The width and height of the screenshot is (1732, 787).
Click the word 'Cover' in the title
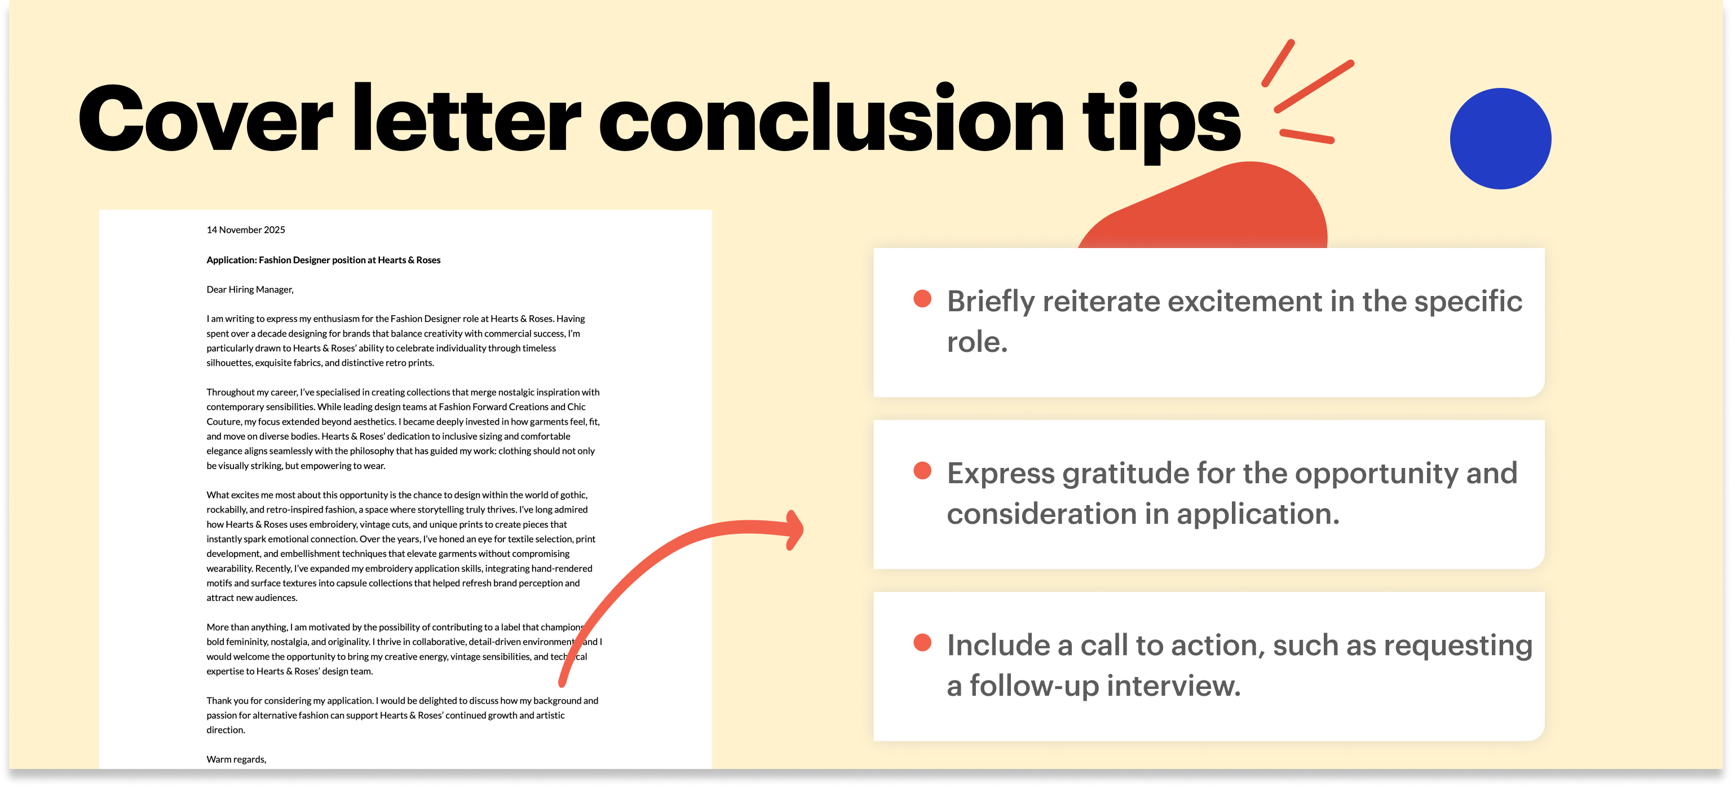coord(205,121)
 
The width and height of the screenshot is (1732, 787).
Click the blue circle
coord(1500,139)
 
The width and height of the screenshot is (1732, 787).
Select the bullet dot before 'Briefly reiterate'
coord(922,299)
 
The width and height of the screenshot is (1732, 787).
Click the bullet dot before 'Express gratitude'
coord(922,471)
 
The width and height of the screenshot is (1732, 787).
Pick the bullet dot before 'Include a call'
coord(922,643)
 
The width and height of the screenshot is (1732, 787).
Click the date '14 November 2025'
coord(245,230)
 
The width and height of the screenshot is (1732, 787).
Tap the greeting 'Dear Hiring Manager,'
coord(249,290)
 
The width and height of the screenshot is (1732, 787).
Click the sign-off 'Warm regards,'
coord(236,759)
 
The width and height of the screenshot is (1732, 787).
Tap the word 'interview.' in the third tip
coord(1173,686)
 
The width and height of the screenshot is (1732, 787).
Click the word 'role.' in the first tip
coord(977,342)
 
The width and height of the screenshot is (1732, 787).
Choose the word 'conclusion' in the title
coord(831,121)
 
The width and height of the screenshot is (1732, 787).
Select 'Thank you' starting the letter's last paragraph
coord(227,701)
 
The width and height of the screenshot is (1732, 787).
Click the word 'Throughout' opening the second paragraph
coord(230,392)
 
